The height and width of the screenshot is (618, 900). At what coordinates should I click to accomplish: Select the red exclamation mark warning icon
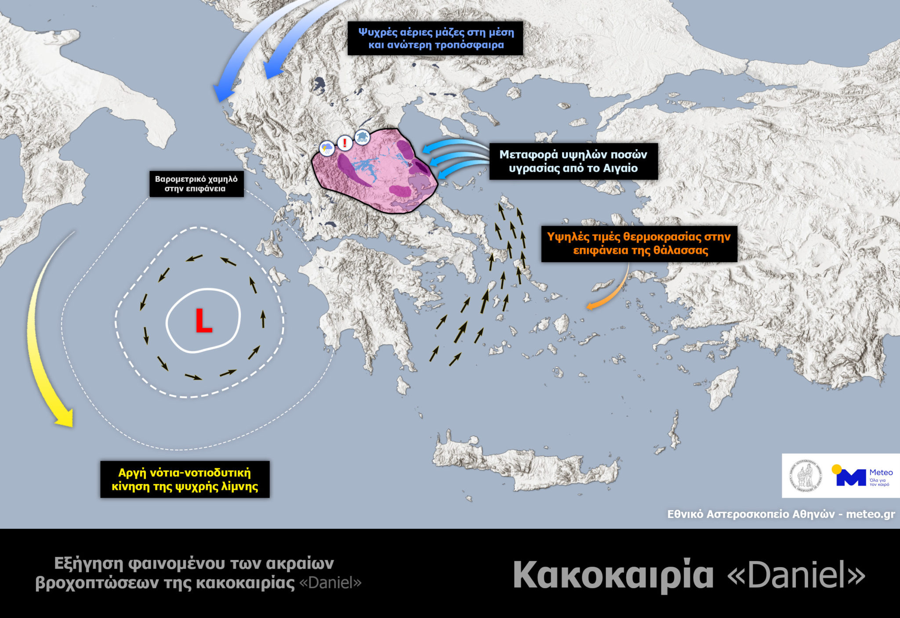[x=345, y=143]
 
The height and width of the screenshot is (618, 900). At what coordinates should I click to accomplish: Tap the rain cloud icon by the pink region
[x=327, y=148]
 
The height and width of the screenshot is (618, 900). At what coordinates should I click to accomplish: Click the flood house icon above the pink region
[x=362, y=137]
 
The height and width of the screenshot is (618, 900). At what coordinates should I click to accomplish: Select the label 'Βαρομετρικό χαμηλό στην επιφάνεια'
[x=196, y=184]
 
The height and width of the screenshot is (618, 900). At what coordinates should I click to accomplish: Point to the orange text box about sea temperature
[x=639, y=243]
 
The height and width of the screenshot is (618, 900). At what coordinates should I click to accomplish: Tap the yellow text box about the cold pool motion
[x=185, y=479]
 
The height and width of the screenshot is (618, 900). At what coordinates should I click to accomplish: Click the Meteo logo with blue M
[x=861, y=477]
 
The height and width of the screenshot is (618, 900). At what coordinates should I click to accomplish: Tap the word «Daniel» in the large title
[x=796, y=575]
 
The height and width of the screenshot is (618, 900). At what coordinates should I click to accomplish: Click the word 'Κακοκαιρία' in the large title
[x=613, y=575]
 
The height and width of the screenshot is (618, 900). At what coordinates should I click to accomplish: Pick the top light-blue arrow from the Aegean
[x=453, y=146]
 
